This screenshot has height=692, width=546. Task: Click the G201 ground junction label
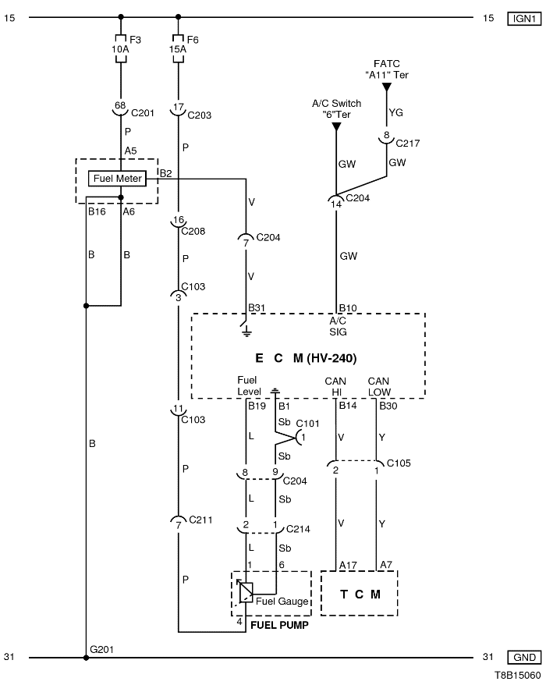(x=101, y=650)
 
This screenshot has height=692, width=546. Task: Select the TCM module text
(x=360, y=594)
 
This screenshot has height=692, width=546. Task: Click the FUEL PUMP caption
(x=278, y=626)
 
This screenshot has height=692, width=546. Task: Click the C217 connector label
(x=408, y=143)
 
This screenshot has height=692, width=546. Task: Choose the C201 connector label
(x=144, y=113)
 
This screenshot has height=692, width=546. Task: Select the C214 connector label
(x=299, y=529)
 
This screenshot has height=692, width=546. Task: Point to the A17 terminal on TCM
(x=347, y=565)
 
